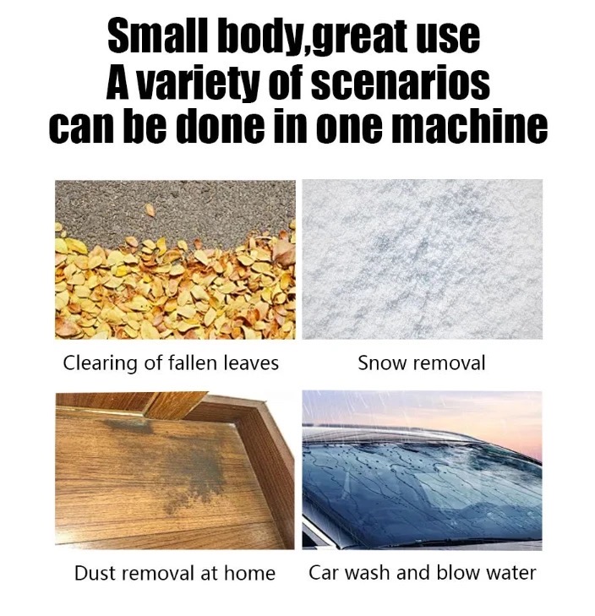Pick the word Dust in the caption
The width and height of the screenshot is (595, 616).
pos(96,573)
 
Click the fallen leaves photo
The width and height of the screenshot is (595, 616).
pos(175,259)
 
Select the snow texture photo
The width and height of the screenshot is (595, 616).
pos(423,259)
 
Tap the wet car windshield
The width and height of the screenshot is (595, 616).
pos(423,491)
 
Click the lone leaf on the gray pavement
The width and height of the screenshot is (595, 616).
pos(150,210)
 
